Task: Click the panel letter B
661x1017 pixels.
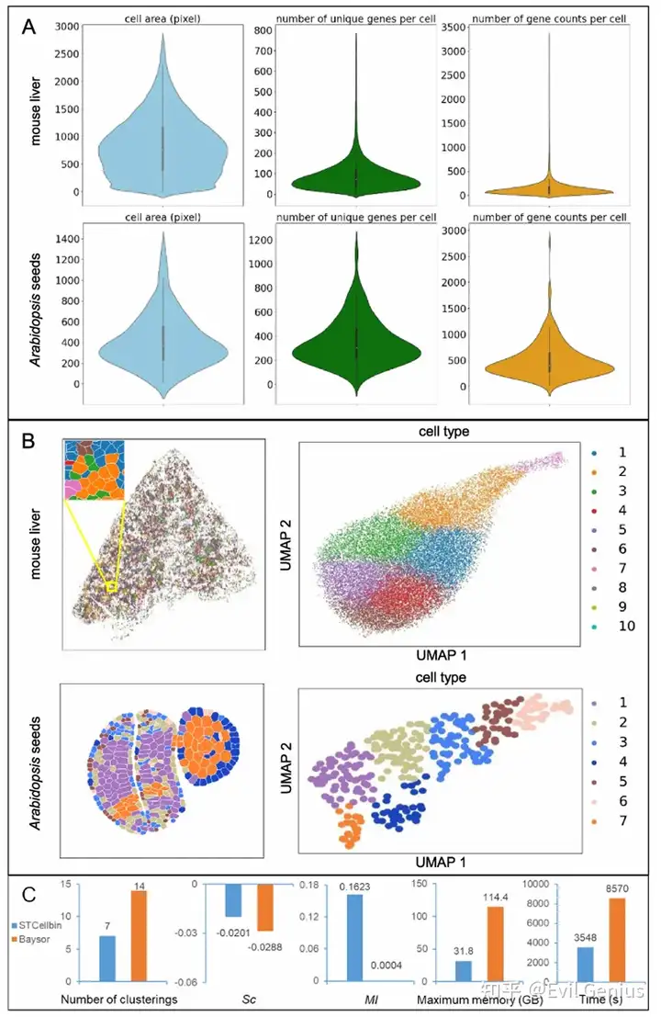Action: tap(29, 442)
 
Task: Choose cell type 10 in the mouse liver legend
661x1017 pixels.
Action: tap(613, 627)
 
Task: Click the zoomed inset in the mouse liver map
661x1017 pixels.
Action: tap(93, 470)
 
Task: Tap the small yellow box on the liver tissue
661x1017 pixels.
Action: tap(111, 585)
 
